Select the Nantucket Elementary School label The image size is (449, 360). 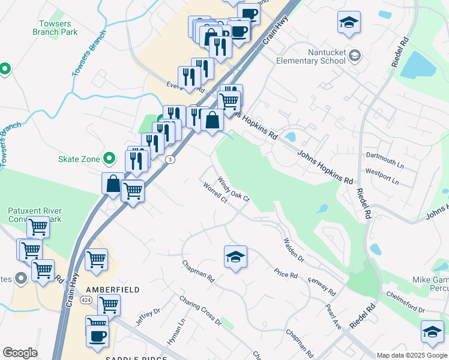[x=310, y=56]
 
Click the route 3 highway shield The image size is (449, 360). [x=171, y=159]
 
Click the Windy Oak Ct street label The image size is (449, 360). [x=233, y=189]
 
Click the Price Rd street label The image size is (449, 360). [x=286, y=274]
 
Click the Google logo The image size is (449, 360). [x=20, y=353]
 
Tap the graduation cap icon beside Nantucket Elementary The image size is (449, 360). [x=354, y=56]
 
